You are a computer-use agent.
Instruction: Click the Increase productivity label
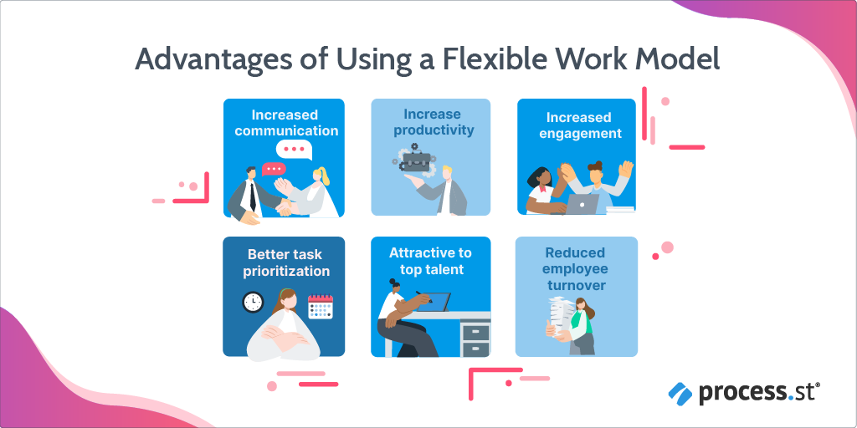pyautogui.click(x=434, y=122)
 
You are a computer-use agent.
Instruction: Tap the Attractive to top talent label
pyautogui.click(x=430, y=261)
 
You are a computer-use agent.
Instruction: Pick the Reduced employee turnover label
pyautogui.click(x=576, y=268)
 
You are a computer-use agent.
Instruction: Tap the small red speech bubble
pyautogui.click(x=273, y=168)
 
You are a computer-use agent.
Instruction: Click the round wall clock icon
pyautogui.click(x=253, y=302)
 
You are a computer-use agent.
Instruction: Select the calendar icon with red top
pyautogui.click(x=321, y=307)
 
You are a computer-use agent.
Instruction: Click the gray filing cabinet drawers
pyautogui.click(x=475, y=339)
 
